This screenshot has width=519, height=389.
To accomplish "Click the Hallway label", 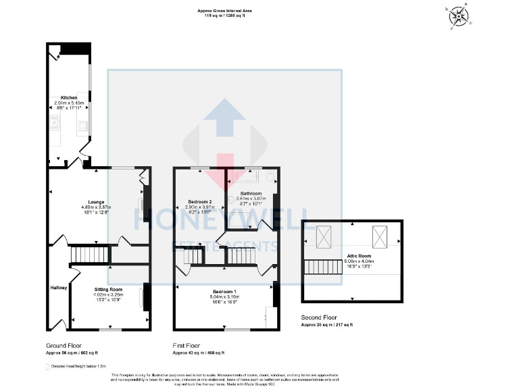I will [59, 288].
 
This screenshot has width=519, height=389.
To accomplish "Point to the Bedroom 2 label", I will [201, 202].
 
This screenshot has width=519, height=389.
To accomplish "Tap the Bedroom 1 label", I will [224, 290].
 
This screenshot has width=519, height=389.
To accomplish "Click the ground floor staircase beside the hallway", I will [86, 255].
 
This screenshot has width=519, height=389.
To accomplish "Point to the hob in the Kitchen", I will [53, 124].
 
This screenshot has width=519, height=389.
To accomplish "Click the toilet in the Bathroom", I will [270, 178].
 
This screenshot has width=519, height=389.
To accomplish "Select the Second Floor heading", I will [318, 317].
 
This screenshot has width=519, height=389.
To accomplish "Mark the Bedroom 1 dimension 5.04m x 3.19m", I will [224, 296].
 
